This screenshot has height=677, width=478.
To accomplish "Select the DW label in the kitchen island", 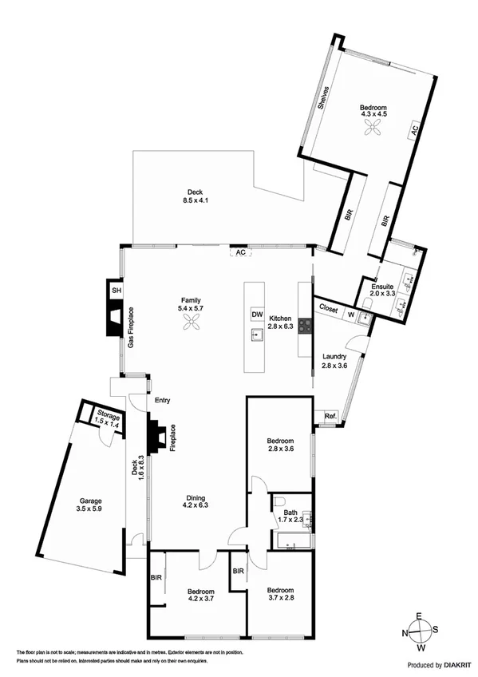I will [257, 314].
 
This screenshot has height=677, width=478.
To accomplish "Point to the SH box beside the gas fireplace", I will [116, 291].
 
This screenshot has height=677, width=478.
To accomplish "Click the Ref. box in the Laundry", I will [330, 416].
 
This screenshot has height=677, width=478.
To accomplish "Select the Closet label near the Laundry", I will [329, 307].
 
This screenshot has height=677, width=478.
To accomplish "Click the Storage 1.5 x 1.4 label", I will [108, 420].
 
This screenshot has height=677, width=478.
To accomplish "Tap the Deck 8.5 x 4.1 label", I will [195, 196].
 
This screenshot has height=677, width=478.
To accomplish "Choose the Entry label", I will [163, 401].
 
